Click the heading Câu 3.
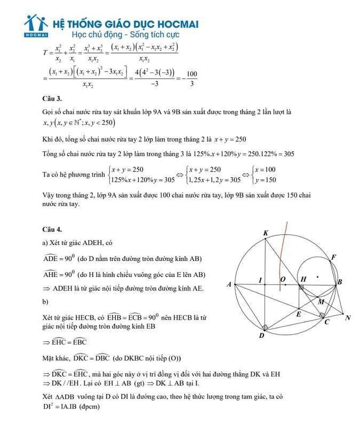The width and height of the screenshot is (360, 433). [x=52, y=99]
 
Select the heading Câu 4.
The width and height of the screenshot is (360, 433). [x=52, y=229]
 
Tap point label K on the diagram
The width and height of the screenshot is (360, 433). [x=265, y=233]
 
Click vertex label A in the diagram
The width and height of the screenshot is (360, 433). [x=228, y=285]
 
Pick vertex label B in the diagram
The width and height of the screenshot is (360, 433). [x=340, y=282]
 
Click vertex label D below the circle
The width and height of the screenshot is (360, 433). [x=261, y=336]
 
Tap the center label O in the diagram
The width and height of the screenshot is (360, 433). [x=283, y=279]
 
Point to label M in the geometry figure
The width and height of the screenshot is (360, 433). [x=321, y=302]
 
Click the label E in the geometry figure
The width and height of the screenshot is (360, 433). [x=298, y=314]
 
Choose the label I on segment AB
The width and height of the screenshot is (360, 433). [x=260, y=279]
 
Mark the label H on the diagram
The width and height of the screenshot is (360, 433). [x=303, y=279]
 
